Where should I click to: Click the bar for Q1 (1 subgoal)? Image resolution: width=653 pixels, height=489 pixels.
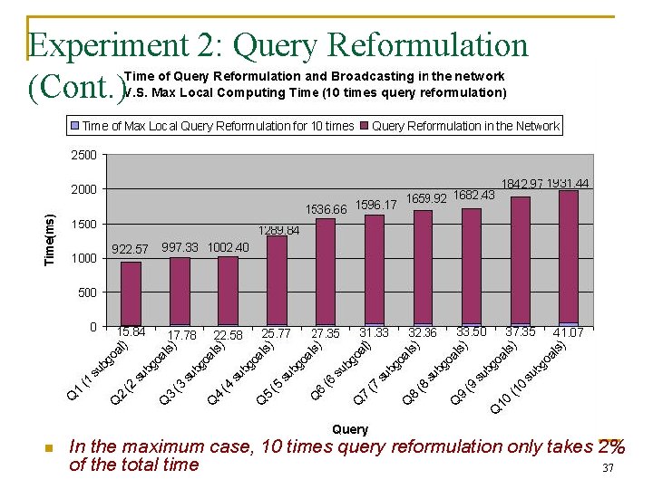[x=131, y=292]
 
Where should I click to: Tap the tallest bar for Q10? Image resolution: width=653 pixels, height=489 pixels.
[x=568, y=257]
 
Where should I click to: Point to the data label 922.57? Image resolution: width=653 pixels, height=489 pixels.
[x=129, y=248]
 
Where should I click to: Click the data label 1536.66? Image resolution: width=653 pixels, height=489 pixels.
[x=326, y=209]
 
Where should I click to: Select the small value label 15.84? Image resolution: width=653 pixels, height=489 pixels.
[x=132, y=332]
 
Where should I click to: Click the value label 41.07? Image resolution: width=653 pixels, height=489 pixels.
[x=568, y=333]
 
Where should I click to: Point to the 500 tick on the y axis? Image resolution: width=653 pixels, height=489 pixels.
[x=87, y=292]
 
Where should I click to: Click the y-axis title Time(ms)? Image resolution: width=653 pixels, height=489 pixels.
[x=52, y=240]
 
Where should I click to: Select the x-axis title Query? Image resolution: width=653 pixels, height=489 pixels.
[x=350, y=429]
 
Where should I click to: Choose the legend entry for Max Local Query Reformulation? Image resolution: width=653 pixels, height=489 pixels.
[x=216, y=126]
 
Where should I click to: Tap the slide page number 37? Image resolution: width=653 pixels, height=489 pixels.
[x=609, y=468]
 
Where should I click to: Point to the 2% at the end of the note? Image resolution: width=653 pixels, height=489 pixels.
[x=610, y=446]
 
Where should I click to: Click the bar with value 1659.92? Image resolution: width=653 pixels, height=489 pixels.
[x=423, y=267]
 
